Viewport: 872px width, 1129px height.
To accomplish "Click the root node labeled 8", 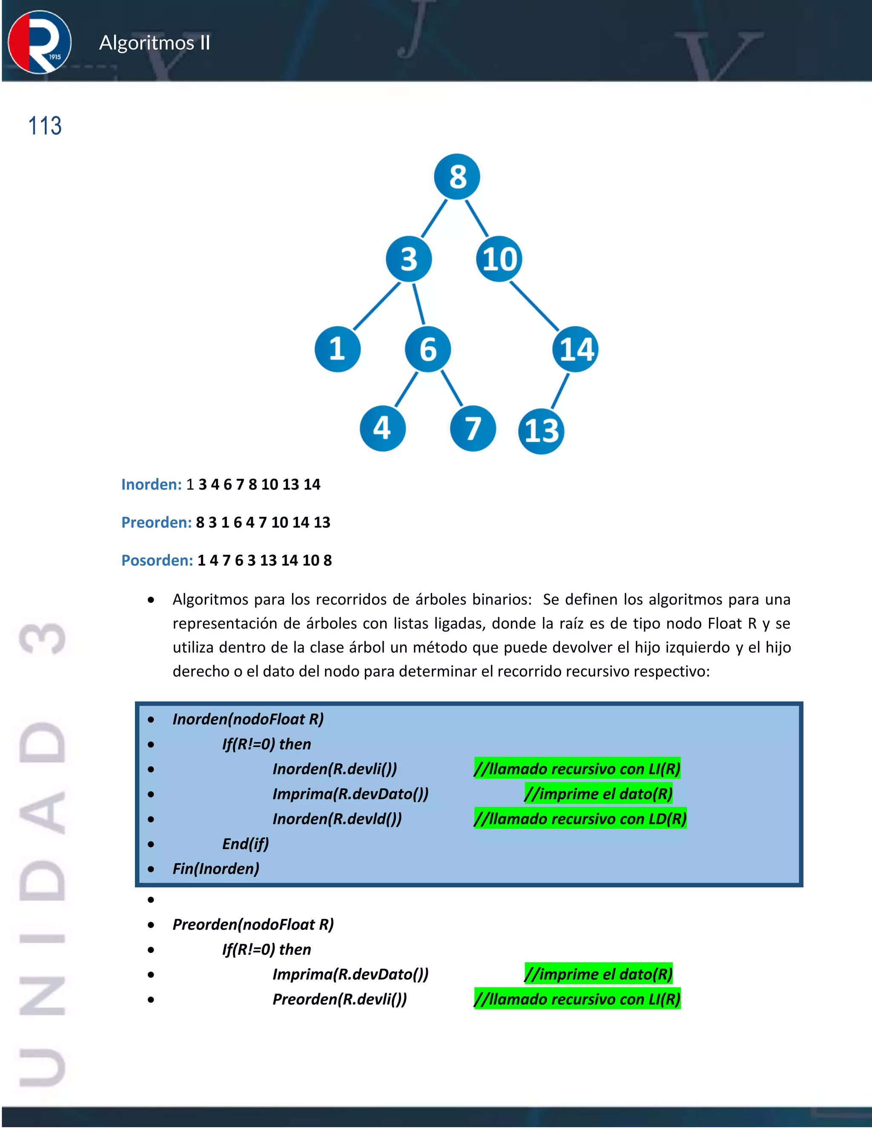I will coord(457,177).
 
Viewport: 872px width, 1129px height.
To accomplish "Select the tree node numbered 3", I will coord(409,259).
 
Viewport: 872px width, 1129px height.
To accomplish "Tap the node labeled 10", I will coord(499,259).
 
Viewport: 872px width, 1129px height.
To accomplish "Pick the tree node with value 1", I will coord(337,349).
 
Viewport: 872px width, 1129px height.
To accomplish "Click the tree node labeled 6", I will coord(428,349).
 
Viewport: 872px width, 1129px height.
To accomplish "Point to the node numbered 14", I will coord(576,349).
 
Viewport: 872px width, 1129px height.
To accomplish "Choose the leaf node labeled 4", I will coord(382,428).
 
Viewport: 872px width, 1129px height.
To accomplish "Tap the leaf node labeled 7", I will coord(473,428).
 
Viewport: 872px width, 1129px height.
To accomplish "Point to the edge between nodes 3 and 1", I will coord(376,306).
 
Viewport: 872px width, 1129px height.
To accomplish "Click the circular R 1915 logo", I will coord(40,42).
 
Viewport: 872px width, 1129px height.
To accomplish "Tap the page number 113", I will coord(45,126).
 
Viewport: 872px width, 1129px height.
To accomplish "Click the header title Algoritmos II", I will coord(155,42).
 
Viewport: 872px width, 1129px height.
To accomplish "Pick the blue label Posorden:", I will coord(157,560).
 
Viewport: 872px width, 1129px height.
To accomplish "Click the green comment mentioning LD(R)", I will coord(580,819).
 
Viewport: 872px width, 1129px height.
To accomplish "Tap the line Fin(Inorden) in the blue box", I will coord(216,868).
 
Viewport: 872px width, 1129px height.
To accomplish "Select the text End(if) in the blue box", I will coord(245,844).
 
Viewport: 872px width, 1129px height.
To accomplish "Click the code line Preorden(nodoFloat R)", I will coord(253,925).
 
